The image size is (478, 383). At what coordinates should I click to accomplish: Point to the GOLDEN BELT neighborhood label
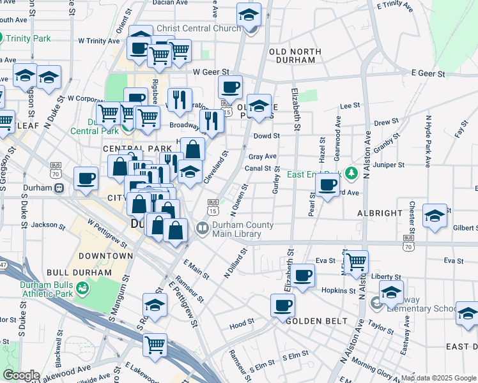[x=317, y=320]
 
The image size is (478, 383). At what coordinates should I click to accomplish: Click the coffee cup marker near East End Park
[x=328, y=185]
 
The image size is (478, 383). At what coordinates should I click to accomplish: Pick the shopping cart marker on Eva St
[x=356, y=260]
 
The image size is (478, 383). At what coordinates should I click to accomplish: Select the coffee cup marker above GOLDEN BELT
[x=282, y=305]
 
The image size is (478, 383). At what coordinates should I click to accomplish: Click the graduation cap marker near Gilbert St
[x=435, y=215]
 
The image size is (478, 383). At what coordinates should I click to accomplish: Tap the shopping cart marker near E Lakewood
[x=156, y=345]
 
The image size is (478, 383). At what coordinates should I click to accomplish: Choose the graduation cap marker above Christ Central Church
[x=249, y=13]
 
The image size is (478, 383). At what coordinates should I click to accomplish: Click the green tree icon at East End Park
[x=350, y=173]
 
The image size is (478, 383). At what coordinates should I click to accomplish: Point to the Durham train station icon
[x=59, y=188]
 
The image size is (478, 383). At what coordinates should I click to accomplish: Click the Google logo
[x=21, y=375]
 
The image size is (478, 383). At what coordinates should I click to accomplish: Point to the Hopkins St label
[x=338, y=290]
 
